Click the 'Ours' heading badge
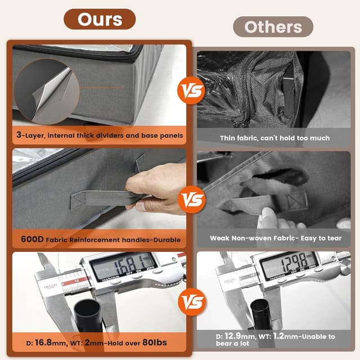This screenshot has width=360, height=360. coord(100,19)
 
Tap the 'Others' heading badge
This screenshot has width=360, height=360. coord(273,27)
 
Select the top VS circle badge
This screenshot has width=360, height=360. coord(191,91)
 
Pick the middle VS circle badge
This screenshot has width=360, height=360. coord(192,200)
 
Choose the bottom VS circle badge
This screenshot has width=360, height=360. coord(192,302)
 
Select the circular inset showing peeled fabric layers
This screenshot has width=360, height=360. coord(47,92)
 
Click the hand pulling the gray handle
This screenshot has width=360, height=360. coord(156,189)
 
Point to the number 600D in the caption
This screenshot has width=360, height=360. coord(32,239)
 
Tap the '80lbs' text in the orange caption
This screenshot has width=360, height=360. coord(155,343)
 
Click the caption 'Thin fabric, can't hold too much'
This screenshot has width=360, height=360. coord(275,138)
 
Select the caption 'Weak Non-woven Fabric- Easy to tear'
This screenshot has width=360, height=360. coord(276,238)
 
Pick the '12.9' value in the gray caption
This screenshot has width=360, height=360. coord(232,336)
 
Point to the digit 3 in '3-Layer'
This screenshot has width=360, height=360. coord(19,134)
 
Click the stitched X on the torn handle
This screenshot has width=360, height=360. coord(298,200)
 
